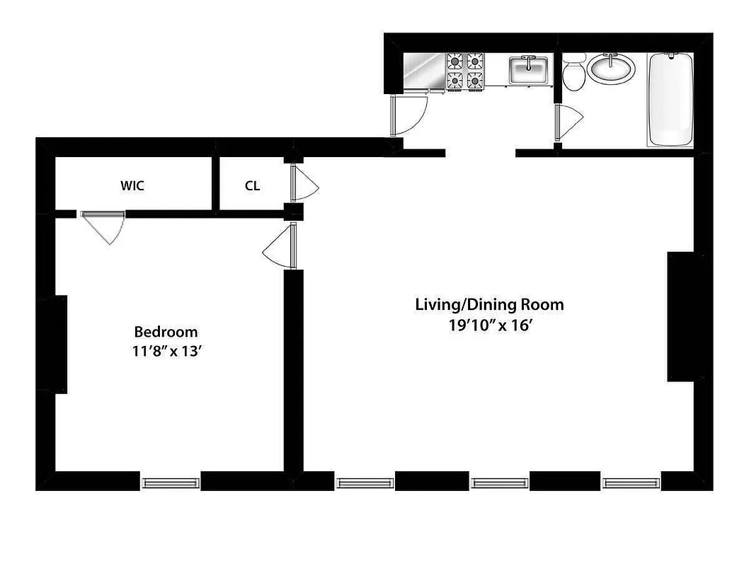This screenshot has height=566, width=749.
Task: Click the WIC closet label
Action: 132,186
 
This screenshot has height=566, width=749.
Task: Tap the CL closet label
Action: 252,186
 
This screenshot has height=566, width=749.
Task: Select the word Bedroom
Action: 166,332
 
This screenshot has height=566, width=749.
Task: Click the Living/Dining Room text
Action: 489,305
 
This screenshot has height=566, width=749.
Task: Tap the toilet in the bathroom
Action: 573,74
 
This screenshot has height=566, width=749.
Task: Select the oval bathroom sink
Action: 612,69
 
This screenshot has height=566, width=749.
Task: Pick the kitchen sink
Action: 529,71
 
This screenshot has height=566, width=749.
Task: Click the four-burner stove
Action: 464,71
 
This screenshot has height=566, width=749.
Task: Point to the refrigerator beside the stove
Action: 423,71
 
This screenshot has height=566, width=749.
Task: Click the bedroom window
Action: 171,483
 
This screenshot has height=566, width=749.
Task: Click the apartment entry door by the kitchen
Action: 407,115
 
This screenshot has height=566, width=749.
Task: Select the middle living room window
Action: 499,483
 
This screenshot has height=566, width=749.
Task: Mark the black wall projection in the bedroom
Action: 52,344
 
